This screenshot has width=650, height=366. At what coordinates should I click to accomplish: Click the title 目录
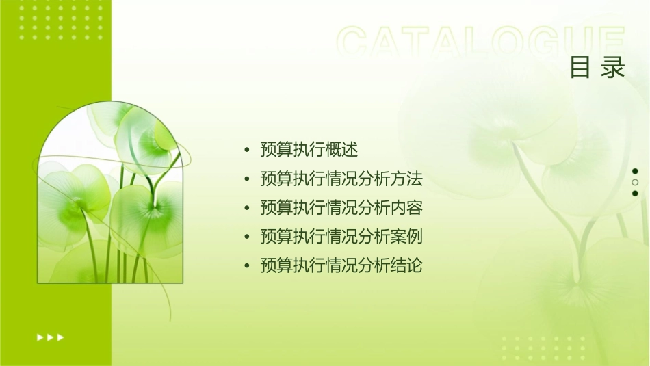(x=598, y=68)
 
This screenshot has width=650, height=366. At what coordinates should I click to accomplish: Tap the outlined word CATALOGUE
(x=481, y=42)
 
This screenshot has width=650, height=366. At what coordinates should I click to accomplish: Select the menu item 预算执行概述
(x=309, y=150)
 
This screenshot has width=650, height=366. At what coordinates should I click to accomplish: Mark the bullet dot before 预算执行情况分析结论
(x=247, y=266)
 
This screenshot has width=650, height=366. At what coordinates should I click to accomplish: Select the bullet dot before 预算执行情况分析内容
(x=247, y=209)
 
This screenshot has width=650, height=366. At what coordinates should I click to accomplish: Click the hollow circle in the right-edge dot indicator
(x=635, y=183)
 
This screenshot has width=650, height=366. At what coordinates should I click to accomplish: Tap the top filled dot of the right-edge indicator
(x=635, y=171)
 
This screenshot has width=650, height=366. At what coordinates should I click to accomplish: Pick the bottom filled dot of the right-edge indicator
(x=635, y=194)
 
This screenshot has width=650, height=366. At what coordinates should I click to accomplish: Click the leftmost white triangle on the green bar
(x=40, y=337)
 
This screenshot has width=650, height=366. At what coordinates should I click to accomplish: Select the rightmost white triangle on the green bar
(x=61, y=337)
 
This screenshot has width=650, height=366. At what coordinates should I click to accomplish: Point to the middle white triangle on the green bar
(x=50, y=337)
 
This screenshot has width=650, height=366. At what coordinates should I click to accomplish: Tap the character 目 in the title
(x=581, y=68)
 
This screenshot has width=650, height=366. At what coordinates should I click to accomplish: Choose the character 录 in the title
(x=614, y=68)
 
